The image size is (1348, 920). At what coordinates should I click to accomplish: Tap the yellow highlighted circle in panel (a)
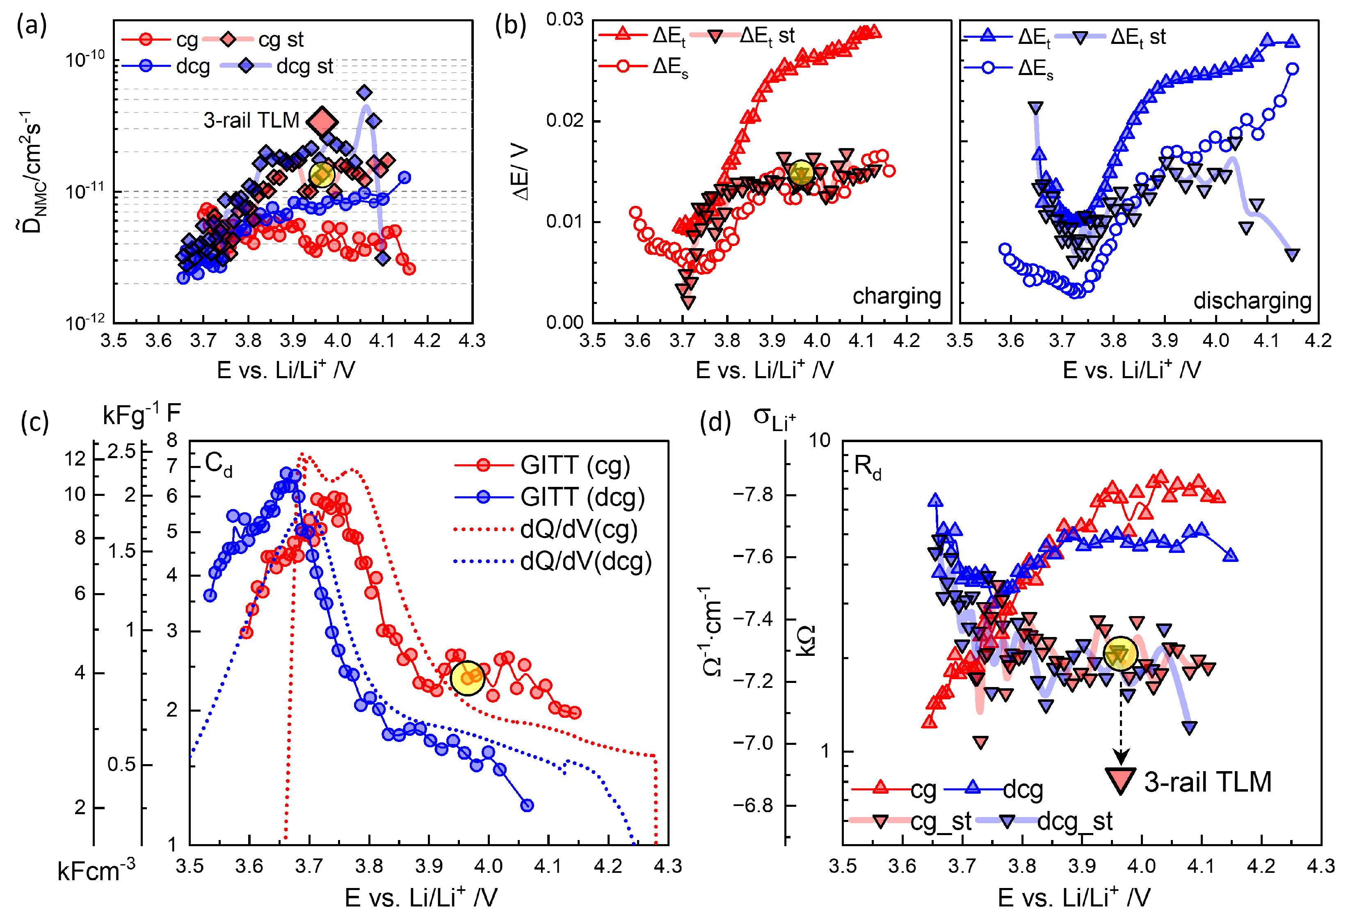[x=322, y=175]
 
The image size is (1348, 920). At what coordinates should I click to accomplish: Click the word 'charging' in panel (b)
[x=896, y=297]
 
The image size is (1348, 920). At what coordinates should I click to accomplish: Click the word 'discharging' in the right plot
[x=1252, y=301]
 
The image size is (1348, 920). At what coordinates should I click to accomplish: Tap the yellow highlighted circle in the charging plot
[x=801, y=173]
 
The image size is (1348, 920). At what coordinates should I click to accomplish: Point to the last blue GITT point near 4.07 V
[x=527, y=805]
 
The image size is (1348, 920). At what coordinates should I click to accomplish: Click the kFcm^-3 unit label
[x=96, y=871]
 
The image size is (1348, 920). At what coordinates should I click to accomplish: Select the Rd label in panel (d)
[x=867, y=467]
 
